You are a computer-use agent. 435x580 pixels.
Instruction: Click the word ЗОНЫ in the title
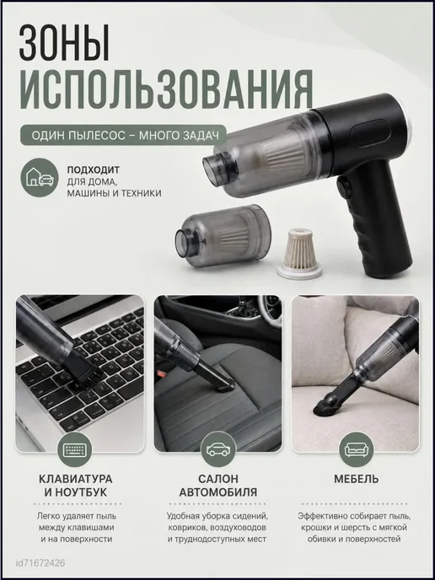64,43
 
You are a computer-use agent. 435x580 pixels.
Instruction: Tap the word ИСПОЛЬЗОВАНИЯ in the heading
166,91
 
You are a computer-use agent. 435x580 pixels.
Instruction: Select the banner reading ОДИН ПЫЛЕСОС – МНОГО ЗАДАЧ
123,135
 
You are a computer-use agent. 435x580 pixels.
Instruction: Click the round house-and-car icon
40,177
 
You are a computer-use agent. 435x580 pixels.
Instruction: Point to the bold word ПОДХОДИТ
94,169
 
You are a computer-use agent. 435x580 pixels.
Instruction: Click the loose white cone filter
299,254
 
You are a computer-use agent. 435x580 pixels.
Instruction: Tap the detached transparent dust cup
223,236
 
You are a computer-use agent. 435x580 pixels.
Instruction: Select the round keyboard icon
74,449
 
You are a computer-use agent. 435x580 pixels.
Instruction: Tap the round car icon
217,449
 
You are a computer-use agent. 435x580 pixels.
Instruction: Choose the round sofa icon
357,449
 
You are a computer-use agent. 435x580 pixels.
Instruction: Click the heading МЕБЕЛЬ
357,479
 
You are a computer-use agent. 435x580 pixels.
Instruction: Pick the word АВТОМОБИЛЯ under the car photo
217,492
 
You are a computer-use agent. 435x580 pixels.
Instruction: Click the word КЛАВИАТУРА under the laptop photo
75,479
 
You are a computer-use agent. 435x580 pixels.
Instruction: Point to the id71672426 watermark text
40,563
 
